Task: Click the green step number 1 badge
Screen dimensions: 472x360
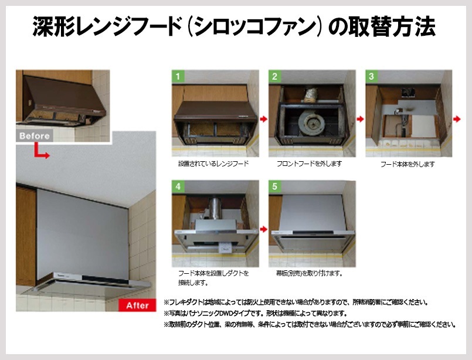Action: (178, 76)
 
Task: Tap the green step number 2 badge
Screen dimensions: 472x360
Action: (275, 76)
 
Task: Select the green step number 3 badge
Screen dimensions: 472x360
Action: (372, 76)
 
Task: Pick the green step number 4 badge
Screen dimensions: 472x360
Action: (178, 186)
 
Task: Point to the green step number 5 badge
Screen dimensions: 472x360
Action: (275, 186)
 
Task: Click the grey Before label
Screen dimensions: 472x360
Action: (35, 136)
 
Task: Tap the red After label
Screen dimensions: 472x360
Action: (138, 305)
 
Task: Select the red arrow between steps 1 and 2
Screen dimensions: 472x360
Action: (264, 119)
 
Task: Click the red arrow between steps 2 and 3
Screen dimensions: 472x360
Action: (361, 119)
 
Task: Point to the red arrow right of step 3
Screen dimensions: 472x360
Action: (457, 119)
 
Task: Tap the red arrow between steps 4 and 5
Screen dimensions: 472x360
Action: (264, 229)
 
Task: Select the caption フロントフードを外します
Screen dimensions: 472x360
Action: (310, 164)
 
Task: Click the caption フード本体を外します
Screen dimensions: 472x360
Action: (408, 164)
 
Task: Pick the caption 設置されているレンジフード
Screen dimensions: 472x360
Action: (213, 164)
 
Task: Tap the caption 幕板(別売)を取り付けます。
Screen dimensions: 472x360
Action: (310, 273)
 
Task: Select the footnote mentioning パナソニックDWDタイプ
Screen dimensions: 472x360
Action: (256, 313)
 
